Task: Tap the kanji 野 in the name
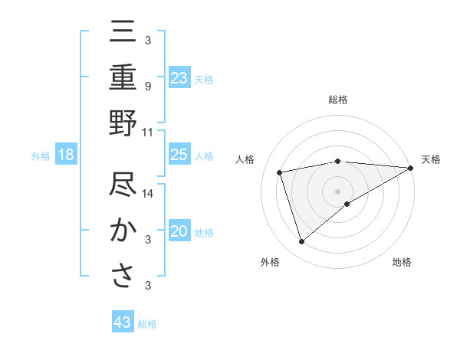click(123, 123)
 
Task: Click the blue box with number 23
click(179, 77)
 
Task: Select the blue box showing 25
click(179, 155)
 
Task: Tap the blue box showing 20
click(179, 232)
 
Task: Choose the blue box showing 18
click(66, 155)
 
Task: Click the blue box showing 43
click(123, 322)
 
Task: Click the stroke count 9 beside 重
click(147, 87)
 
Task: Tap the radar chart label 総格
click(337, 100)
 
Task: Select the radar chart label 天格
click(431, 159)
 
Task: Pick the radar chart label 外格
click(270, 262)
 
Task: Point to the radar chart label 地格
click(402, 262)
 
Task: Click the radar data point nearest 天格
click(411, 168)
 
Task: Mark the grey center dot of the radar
click(337, 191)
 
